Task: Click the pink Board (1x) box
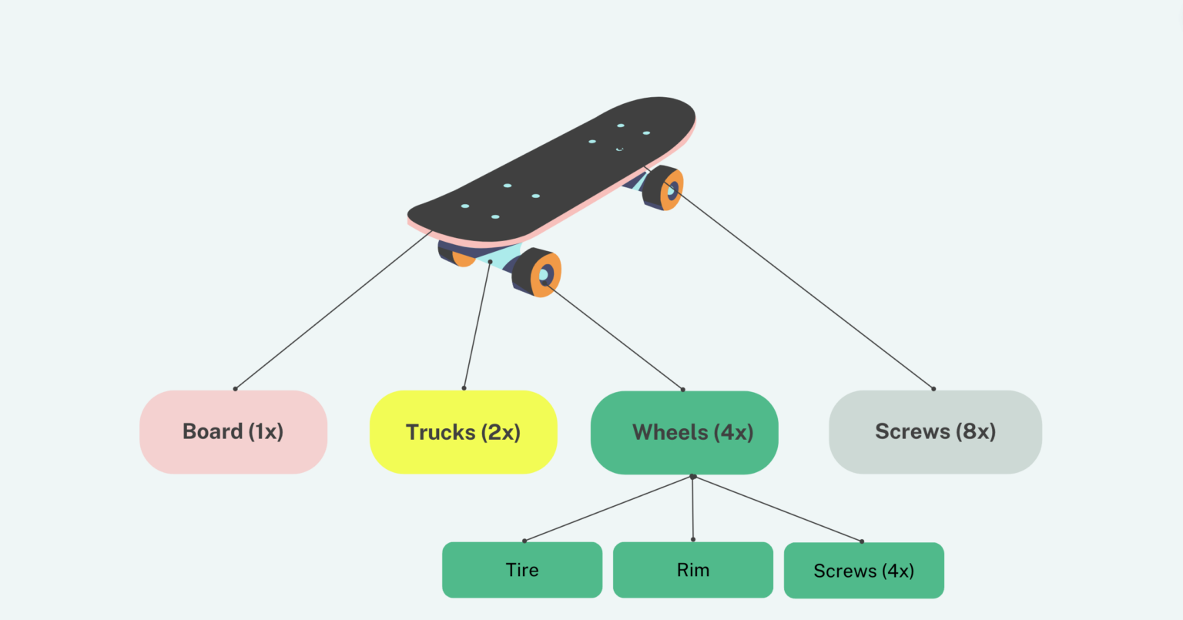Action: click(233, 432)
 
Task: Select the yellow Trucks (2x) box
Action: click(463, 432)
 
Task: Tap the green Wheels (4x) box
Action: click(684, 432)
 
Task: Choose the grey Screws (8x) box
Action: click(935, 431)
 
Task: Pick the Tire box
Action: click(522, 570)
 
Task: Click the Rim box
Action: click(692, 570)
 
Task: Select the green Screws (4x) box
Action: click(863, 571)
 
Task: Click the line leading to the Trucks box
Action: click(477, 325)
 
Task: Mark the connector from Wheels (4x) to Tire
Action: click(608, 509)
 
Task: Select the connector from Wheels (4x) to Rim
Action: click(692, 508)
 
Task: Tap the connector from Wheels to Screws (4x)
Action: click(778, 509)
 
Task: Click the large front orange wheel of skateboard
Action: click(544, 274)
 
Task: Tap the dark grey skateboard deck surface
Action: click(555, 173)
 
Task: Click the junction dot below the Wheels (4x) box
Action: click(692, 477)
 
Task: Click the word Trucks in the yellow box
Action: click(440, 433)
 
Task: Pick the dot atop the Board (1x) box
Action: click(235, 389)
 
